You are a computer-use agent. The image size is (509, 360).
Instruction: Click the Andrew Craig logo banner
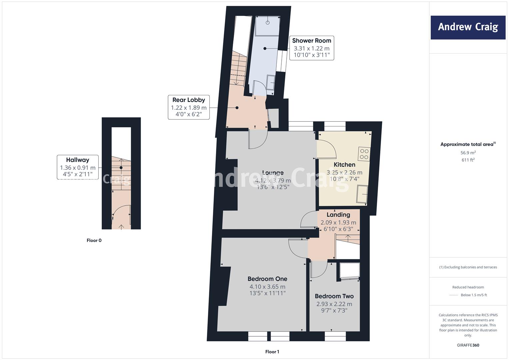click(x=468, y=27)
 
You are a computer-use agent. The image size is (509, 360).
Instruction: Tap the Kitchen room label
click(x=344, y=165)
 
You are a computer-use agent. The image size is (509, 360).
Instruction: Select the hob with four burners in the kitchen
click(x=364, y=154)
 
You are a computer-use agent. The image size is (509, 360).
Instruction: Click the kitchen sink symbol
click(x=362, y=194)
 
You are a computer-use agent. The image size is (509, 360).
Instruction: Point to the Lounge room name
click(x=273, y=173)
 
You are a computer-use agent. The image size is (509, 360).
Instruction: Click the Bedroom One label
click(x=267, y=279)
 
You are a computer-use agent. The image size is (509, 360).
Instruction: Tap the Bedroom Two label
click(x=334, y=296)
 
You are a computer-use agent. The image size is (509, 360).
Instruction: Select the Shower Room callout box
click(x=312, y=48)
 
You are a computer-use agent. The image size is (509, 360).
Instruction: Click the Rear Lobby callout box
click(x=189, y=107)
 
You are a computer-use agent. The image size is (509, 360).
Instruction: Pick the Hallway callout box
click(x=77, y=167)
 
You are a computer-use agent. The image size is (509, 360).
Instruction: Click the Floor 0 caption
click(x=94, y=240)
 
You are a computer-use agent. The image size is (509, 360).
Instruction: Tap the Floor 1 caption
click(x=272, y=352)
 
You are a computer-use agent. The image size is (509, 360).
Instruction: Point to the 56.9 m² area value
click(x=468, y=153)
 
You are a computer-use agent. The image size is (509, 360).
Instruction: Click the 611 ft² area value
click(x=468, y=160)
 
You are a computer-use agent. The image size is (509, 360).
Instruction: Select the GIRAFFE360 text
click(x=468, y=345)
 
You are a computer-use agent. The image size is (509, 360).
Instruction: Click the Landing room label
click(x=338, y=215)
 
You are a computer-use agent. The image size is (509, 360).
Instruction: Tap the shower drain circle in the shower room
click(x=268, y=23)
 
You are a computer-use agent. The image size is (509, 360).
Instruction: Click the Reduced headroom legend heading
click(x=468, y=287)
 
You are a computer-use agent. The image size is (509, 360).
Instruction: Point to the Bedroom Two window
click(x=335, y=336)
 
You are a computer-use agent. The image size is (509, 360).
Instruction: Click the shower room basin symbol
click(x=271, y=83)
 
